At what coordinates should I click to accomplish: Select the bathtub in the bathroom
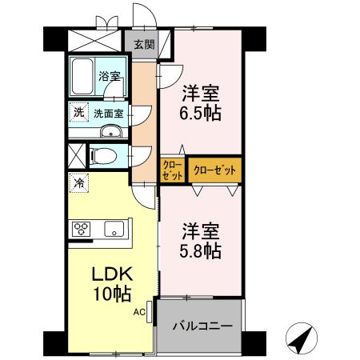[x=83, y=77]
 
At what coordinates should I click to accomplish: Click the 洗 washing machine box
[x=78, y=112]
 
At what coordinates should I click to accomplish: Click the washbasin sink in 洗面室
[x=113, y=133]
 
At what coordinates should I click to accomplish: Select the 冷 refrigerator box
[x=78, y=182]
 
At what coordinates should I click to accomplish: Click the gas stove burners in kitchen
[x=83, y=229]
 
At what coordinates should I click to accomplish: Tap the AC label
[x=138, y=312]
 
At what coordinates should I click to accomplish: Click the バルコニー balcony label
[x=203, y=326]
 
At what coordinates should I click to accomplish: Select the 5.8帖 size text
[x=200, y=249]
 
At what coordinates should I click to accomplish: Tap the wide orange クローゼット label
[x=215, y=170]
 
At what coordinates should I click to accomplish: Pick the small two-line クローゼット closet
[x=173, y=170]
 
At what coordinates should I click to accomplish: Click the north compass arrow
[x=300, y=340]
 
